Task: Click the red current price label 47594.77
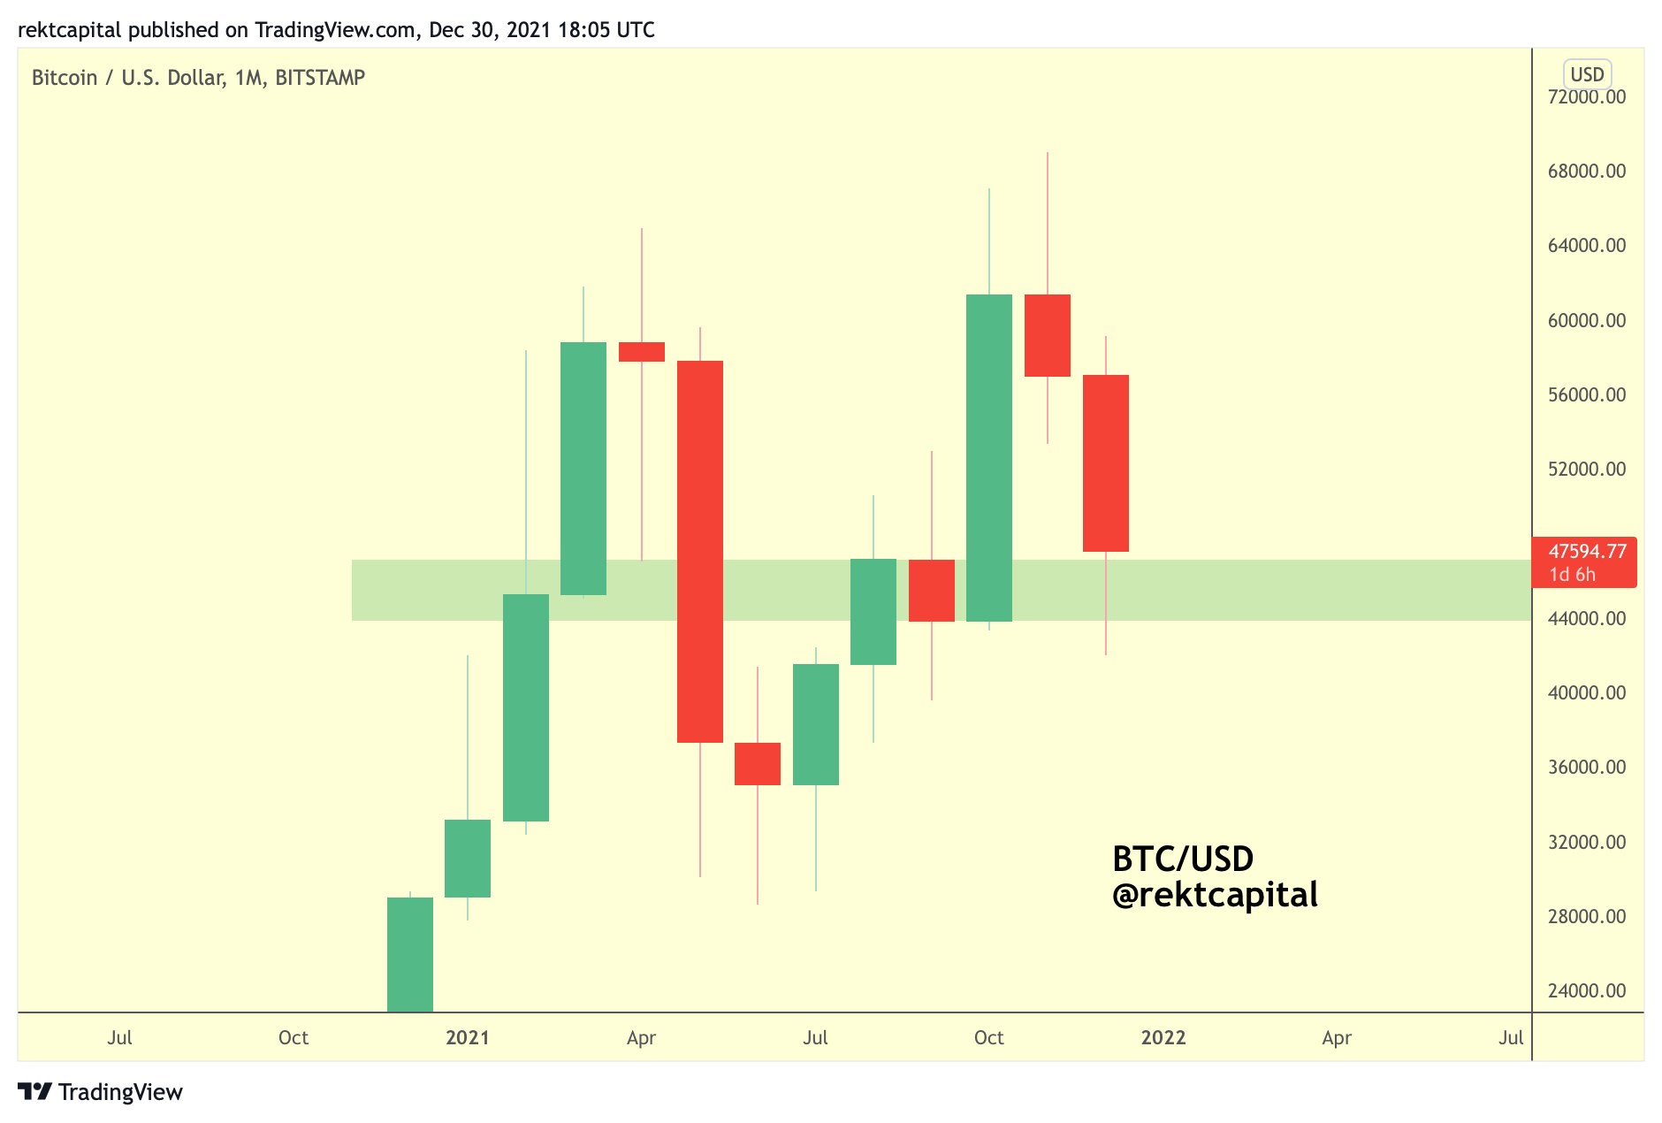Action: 1586,552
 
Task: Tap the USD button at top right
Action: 1587,74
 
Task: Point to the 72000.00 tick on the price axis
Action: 1586,97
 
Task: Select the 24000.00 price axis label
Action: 1586,990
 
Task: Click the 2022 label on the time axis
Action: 1163,1037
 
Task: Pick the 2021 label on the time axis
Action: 467,1037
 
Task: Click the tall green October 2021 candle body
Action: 988,458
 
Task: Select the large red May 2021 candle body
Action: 699,551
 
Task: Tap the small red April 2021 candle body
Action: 641,352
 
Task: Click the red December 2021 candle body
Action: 1105,463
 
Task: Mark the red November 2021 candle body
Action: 1047,335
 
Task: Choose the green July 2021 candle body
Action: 815,724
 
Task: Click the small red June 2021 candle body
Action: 757,764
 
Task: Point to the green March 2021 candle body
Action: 583,469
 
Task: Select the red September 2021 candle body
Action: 931,591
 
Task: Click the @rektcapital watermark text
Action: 1214,895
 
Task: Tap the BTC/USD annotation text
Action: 1182,859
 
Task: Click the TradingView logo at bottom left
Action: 100,1092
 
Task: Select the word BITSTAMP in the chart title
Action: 320,78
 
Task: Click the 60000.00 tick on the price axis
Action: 1586,320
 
